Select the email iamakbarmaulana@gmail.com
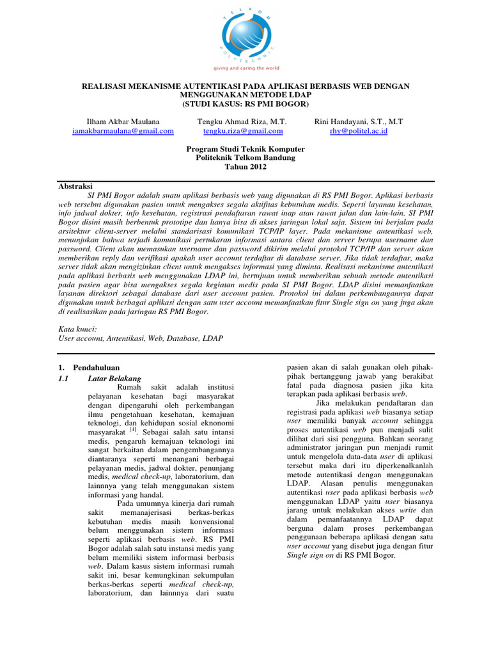123,131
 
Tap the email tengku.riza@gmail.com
243,131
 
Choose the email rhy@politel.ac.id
359,131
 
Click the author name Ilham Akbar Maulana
123,122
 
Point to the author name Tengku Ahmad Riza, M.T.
243,122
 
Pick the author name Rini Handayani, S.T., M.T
359,122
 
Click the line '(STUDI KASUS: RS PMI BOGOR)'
245,104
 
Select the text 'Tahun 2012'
245,167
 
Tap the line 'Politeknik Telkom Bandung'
245,158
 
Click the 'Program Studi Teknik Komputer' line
245,149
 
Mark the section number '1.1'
63,378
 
